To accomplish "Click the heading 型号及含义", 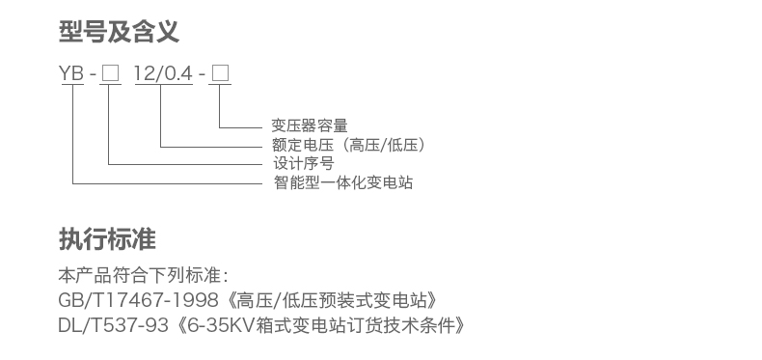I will tap(119, 33).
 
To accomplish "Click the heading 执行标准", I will tap(106, 237).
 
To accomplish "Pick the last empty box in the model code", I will tap(220, 73).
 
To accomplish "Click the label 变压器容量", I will tap(309, 125).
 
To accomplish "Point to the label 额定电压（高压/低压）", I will tap(349, 146).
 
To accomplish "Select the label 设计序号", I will tap(303, 164).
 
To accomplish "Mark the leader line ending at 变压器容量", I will tap(241, 126).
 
